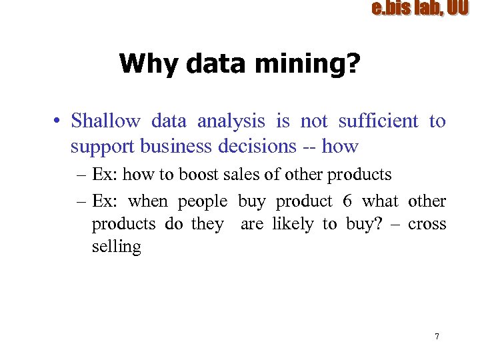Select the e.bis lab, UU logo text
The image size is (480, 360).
[419, 9]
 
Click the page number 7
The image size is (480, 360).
[437, 336]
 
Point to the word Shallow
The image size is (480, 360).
[105, 121]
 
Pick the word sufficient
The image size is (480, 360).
[378, 121]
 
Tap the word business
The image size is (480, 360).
[161, 146]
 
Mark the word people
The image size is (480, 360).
[202, 201]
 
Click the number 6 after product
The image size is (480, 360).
[347, 201]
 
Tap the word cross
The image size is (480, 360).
[427, 224]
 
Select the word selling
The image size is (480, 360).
[116, 247]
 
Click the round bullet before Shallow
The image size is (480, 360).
[59, 121]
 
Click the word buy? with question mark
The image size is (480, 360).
[363, 224]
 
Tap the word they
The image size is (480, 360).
[207, 224]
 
